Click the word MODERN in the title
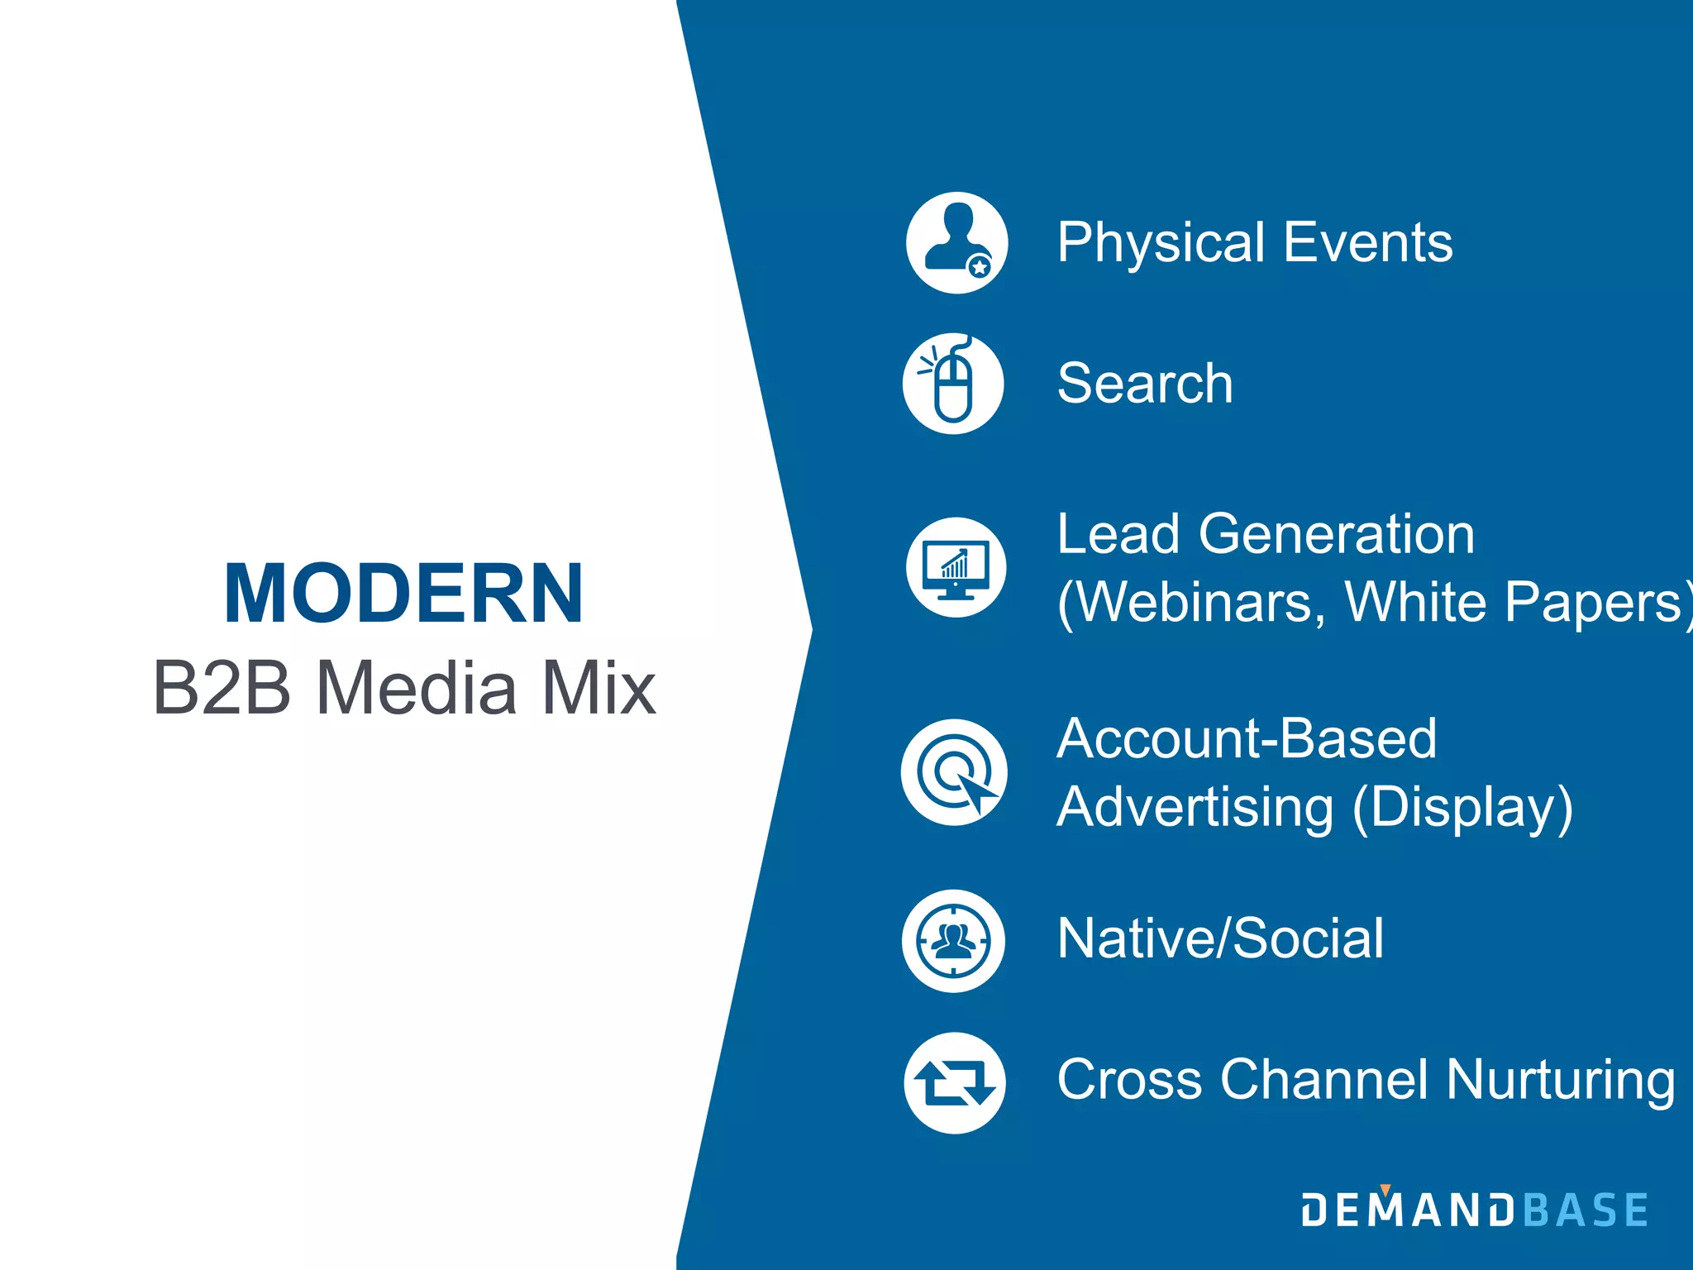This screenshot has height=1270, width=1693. coord(403,594)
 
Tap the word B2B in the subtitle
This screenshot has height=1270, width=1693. coord(222,688)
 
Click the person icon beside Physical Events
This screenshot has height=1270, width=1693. coord(956,242)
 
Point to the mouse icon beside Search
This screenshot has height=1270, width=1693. coord(953,384)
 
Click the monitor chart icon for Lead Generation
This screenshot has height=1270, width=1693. coord(956,567)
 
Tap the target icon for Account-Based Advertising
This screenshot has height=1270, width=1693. coord(954,772)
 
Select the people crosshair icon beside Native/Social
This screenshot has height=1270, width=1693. coord(953,941)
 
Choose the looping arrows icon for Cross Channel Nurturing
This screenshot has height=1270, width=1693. coord(955,1082)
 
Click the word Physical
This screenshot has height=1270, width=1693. coord(1161,243)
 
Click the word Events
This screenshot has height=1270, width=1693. coord(1368,243)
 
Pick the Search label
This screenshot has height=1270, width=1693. coord(1145,384)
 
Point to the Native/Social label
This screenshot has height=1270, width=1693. coord(1220,938)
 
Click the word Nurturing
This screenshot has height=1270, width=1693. coord(1561,1080)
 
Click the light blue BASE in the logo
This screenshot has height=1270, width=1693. coord(1586,1210)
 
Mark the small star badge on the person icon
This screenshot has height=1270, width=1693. coord(980,267)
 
